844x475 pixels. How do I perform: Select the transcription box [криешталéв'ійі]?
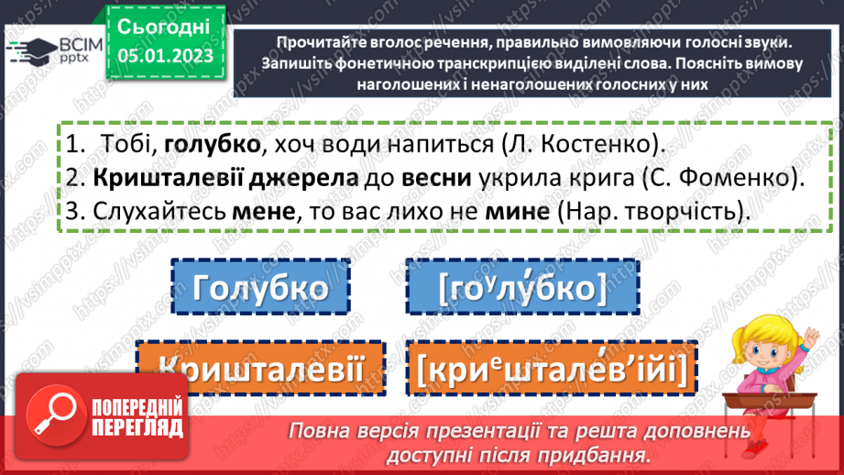pos(550,370)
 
